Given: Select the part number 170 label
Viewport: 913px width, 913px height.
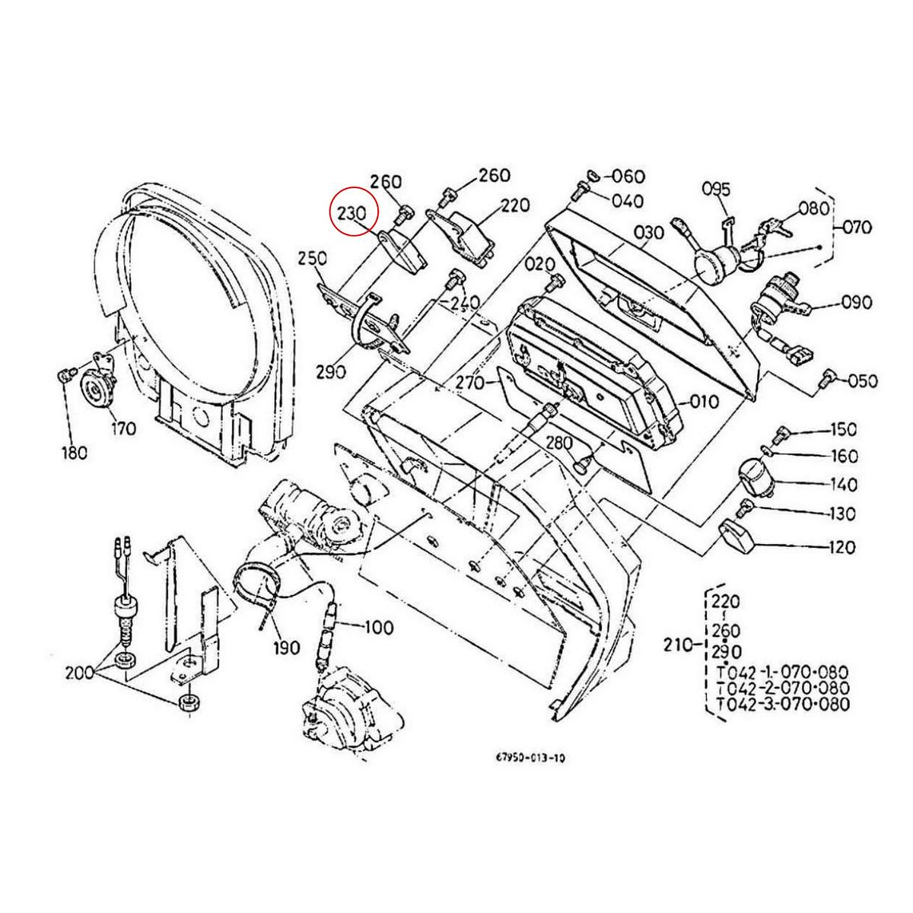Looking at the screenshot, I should [x=122, y=428].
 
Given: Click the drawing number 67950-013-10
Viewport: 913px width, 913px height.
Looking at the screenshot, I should [x=530, y=759].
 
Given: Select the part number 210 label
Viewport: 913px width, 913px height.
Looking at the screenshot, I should [x=676, y=646].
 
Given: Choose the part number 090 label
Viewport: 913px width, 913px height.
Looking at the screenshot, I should [x=857, y=304].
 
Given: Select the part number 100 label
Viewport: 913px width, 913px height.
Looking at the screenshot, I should [x=379, y=628].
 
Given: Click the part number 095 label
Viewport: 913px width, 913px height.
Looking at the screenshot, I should [x=716, y=189].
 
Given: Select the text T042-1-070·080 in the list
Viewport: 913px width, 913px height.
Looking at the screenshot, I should [x=782, y=673].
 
